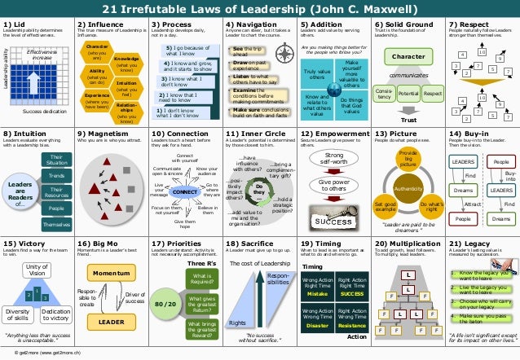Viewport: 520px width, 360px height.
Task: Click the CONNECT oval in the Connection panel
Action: (185, 191)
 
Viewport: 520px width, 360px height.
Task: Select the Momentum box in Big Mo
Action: (112, 273)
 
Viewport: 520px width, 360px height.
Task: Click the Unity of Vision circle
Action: (37, 270)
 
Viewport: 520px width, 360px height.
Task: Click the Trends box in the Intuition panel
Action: (56, 176)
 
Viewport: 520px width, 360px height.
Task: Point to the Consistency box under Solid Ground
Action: (383, 94)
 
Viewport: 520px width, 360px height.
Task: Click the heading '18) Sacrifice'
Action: (245, 243)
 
